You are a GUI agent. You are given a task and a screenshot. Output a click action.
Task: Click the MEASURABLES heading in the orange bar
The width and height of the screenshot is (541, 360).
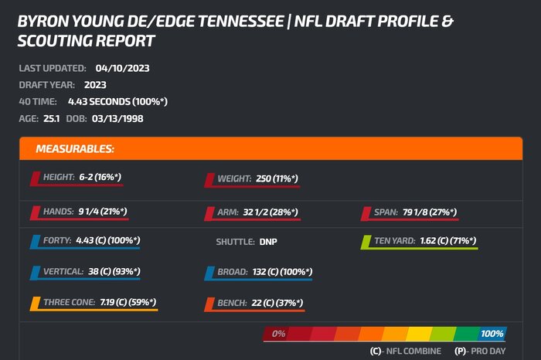(x=75, y=148)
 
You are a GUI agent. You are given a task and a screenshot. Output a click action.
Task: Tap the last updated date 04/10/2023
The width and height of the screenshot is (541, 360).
(x=123, y=68)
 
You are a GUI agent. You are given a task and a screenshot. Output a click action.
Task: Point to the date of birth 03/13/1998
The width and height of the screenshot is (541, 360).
(x=118, y=119)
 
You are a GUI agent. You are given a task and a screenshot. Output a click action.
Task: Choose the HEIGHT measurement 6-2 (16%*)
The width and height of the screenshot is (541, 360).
(x=100, y=177)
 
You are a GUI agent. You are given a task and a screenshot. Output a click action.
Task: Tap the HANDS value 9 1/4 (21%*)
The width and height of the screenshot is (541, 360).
(x=102, y=211)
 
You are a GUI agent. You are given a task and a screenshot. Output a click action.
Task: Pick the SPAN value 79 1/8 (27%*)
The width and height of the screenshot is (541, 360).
(x=430, y=212)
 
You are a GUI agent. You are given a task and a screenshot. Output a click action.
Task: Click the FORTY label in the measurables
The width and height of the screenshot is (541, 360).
(x=57, y=240)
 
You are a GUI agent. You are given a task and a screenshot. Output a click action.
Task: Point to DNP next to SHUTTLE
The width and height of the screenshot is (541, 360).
(x=268, y=242)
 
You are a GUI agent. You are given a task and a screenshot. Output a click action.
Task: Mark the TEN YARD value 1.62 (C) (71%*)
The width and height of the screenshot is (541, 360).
(x=447, y=241)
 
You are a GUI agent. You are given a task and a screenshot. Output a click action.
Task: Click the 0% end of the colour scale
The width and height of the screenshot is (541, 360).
(x=278, y=334)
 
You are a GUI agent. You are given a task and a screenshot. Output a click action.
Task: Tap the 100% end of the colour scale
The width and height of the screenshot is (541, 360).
(x=492, y=334)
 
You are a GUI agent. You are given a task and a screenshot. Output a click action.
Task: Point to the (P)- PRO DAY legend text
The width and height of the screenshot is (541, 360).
(x=478, y=352)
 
